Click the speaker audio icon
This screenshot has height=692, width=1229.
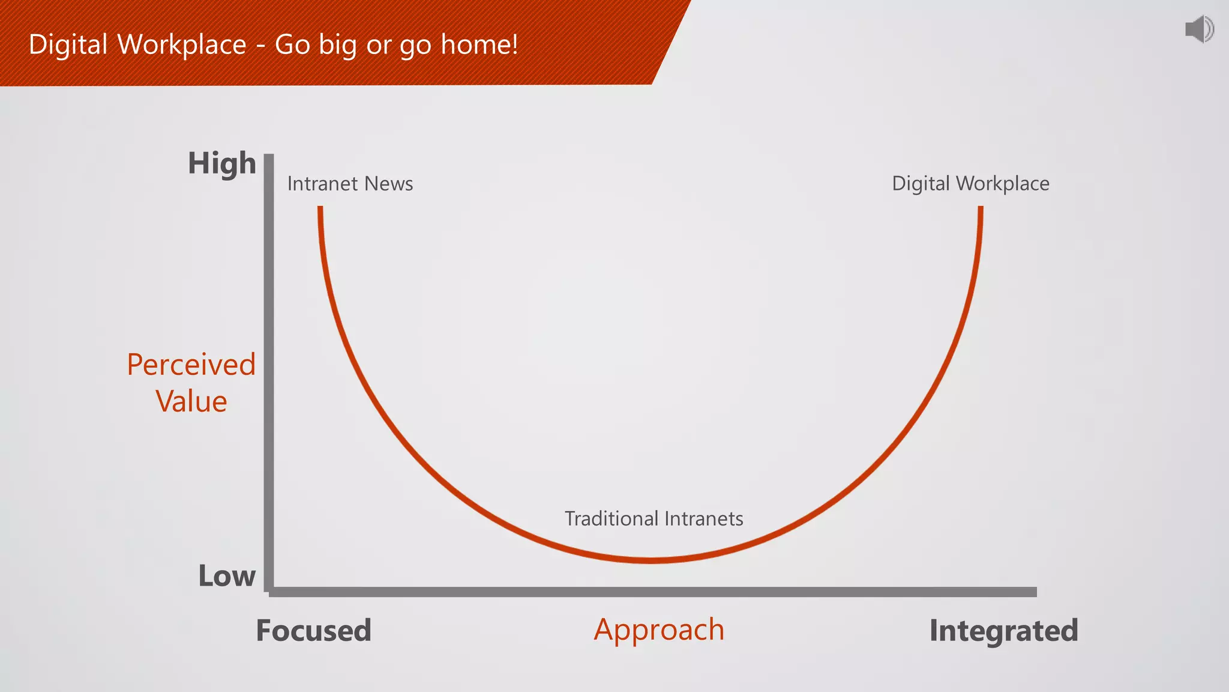(x=1199, y=29)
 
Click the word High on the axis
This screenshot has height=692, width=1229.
(x=222, y=163)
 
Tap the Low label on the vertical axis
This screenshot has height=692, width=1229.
(x=227, y=575)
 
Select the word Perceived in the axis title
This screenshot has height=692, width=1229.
(x=191, y=365)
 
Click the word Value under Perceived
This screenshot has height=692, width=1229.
(x=191, y=401)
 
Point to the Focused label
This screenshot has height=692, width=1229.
(x=313, y=630)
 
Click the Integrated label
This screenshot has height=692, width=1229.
(x=1003, y=630)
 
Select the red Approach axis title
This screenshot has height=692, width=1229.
(x=659, y=630)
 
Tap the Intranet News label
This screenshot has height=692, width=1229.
(x=350, y=183)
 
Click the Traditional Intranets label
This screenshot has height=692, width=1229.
(x=654, y=518)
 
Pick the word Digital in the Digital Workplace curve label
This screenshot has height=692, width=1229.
(x=921, y=184)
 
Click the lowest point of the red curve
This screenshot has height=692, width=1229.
(x=651, y=560)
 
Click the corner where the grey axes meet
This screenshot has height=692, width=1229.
(x=269, y=591)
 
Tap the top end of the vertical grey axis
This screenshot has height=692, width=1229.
(x=269, y=157)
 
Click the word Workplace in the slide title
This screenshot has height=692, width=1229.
(x=182, y=44)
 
